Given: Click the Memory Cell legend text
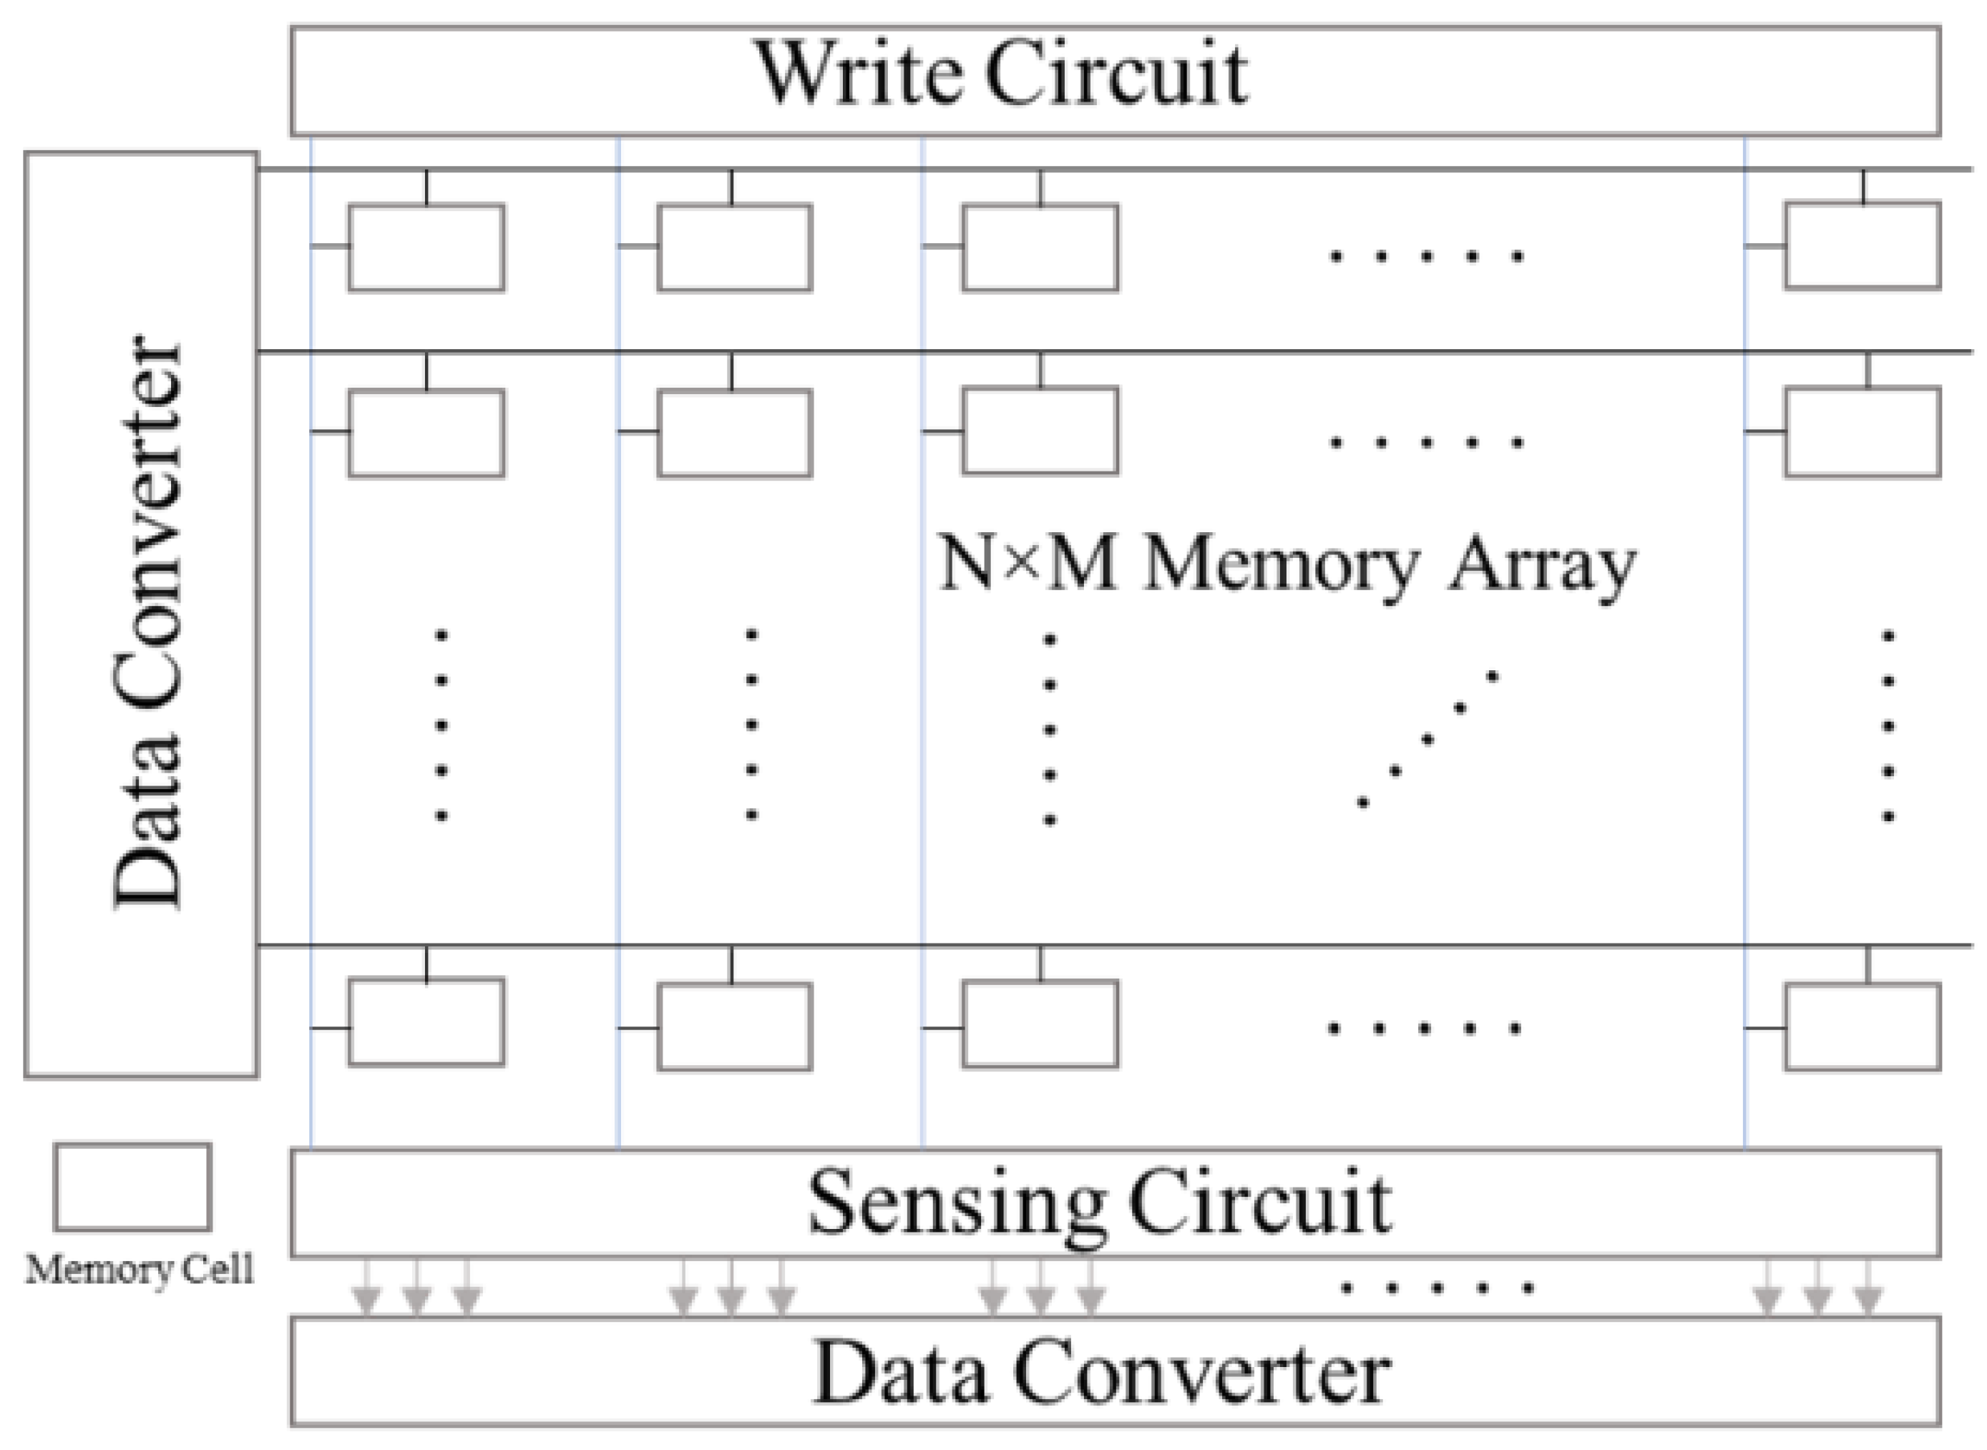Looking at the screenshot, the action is [x=140, y=1270].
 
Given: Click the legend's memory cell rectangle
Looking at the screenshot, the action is [x=132, y=1187].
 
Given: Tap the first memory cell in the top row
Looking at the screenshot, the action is [x=426, y=248].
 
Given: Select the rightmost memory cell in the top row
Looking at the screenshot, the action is [x=1862, y=246].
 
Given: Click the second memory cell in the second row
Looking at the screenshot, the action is [x=734, y=433].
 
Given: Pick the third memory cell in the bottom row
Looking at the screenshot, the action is [x=1040, y=1024].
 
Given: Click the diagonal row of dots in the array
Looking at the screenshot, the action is [x=1427, y=740].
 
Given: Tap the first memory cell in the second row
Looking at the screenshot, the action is [x=426, y=433].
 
